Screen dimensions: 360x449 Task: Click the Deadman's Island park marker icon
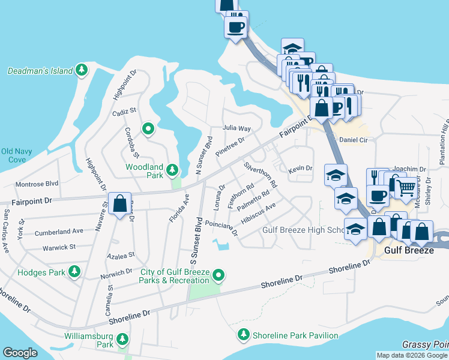click(x=81, y=71)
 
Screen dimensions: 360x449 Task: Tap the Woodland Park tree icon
click(x=173, y=171)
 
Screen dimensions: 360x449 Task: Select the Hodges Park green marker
click(x=74, y=272)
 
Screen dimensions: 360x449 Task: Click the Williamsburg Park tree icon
click(x=122, y=340)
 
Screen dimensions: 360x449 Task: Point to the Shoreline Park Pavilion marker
click(x=243, y=335)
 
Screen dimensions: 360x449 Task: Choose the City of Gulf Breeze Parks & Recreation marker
click(x=219, y=276)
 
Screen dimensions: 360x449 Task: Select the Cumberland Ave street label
click(x=59, y=231)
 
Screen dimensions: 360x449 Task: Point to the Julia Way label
click(x=237, y=128)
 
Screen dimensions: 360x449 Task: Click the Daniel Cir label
click(x=354, y=139)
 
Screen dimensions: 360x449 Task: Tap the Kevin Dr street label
click(x=300, y=169)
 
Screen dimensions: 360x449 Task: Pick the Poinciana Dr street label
click(x=221, y=226)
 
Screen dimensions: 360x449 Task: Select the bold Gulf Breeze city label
click(x=409, y=250)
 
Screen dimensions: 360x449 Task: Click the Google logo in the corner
click(x=20, y=352)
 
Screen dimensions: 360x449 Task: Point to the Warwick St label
click(x=59, y=247)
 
